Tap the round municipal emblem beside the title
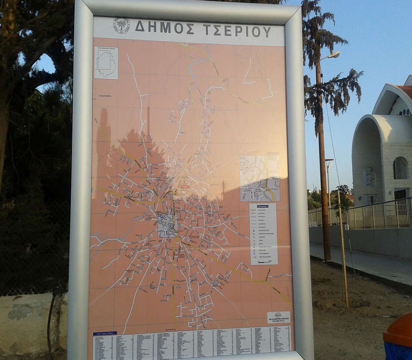coord(121,25)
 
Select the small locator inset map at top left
coord(106,63)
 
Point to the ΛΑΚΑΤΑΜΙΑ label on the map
coord(104,96)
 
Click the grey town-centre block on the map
coord(167,226)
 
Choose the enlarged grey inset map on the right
coord(259,178)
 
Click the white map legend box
coord(263,234)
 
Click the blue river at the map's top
coord(199,64)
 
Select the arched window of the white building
coord(400,168)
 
